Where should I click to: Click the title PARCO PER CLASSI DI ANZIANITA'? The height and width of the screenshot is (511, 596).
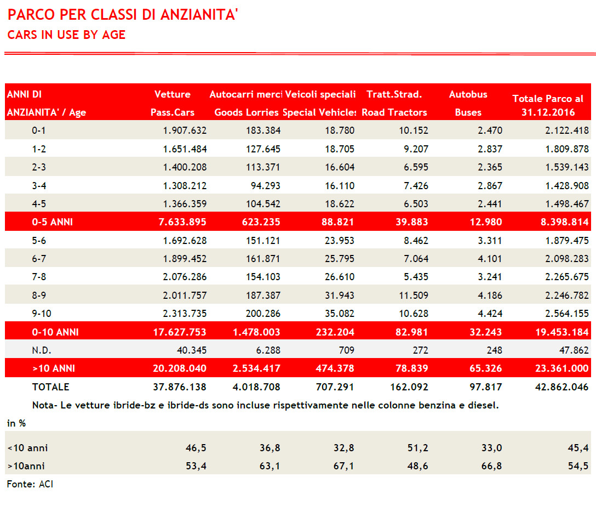123,14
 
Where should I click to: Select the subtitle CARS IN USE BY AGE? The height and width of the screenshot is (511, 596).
66,35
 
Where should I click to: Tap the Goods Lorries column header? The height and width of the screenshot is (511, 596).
246,112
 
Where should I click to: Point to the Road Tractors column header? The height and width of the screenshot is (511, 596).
394,112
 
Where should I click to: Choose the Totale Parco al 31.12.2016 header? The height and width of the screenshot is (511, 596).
548,105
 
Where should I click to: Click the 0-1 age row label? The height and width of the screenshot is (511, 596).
40,130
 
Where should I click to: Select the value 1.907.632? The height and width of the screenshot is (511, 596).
185,130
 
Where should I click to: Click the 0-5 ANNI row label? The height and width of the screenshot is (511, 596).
53,222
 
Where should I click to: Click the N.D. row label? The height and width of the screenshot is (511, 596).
42,350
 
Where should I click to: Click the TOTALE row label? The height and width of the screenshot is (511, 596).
50,387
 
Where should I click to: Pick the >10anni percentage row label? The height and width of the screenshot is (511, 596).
26,466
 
